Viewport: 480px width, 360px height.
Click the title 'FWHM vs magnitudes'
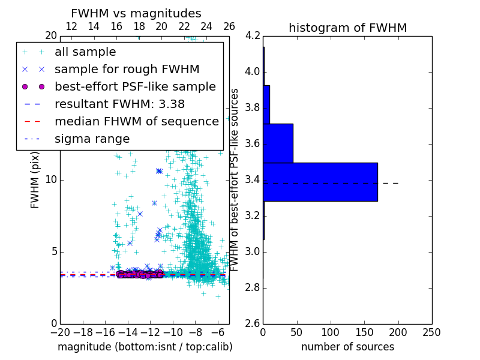[136, 13]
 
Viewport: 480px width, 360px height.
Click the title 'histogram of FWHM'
[347, 28]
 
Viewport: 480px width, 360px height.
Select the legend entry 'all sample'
[85, 52]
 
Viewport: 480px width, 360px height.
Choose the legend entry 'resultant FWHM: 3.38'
[119, 104]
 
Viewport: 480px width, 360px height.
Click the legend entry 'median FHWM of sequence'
[136, 121]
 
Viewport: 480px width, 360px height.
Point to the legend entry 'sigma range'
[92, 139]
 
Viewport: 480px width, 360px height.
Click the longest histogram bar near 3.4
[320, 182]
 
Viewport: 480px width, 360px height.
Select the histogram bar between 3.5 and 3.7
[278, 143]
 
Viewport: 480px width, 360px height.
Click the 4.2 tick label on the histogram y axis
[253, 36]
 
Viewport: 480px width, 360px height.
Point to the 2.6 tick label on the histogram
[253, 323]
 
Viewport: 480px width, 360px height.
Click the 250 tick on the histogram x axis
[431, 332]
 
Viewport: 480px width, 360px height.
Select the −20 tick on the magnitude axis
[60, 332]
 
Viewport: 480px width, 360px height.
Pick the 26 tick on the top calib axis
[229, 26]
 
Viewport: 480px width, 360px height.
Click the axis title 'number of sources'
[347, 347]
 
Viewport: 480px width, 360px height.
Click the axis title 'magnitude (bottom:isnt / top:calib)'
[145, 347]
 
